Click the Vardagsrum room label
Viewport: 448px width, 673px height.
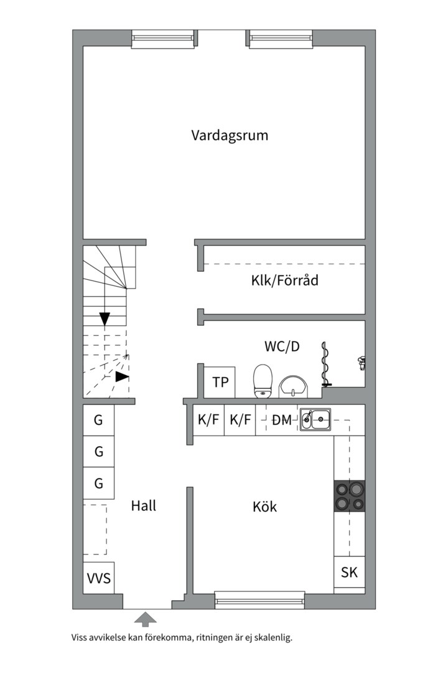230,135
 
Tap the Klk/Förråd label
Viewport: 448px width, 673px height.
284,280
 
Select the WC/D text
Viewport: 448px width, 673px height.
282,346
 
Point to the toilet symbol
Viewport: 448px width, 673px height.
263,380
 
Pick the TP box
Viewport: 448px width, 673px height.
220,382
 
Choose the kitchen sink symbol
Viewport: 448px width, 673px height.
315,420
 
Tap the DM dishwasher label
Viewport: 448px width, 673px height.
281,421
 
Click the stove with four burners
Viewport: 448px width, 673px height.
350,496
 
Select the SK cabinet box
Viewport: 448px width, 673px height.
350,572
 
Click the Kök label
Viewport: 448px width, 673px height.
264,507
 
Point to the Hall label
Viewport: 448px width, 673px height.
144,505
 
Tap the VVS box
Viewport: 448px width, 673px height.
99,578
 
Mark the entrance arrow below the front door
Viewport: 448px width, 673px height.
146,619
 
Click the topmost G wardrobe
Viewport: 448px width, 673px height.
99,420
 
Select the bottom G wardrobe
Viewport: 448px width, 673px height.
99,483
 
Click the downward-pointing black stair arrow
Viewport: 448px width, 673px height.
105,318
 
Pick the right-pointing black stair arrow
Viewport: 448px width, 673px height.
122,376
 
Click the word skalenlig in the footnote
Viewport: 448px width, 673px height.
272,638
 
